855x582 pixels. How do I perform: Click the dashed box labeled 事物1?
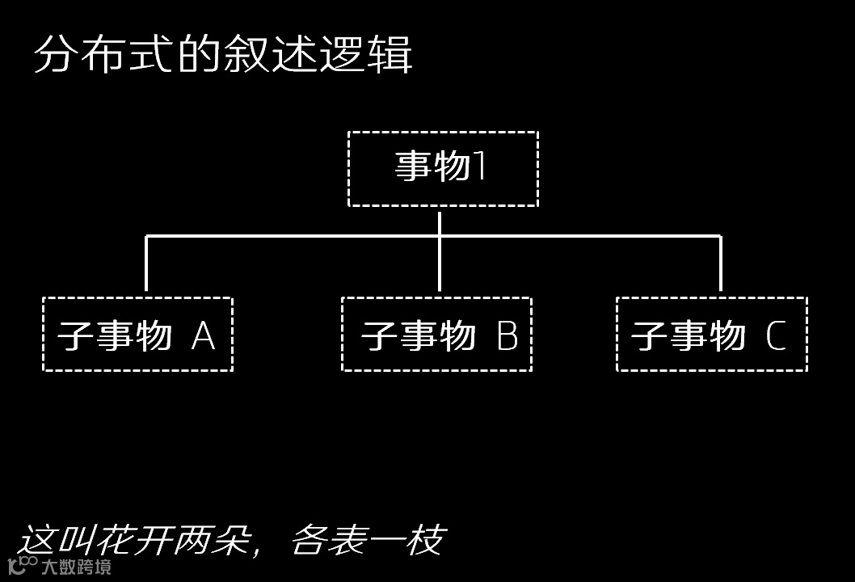tap(443, 169)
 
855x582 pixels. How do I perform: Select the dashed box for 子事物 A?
tap(137, 334)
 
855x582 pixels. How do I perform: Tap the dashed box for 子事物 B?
tap(436, 334)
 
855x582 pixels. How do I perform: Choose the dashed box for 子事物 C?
tap(711, 334)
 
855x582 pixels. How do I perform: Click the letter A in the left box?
tap(204, 335)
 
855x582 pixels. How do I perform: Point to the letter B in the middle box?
tap(507, 335)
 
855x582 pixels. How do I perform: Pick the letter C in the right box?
tap(776, 335)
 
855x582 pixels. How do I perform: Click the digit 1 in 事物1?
tap(479, 166)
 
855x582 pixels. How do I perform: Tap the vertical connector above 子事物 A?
tap(146, 263)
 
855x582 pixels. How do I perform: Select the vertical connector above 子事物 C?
tap(720, 263)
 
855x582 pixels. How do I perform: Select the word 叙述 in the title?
tap(271, 55)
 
